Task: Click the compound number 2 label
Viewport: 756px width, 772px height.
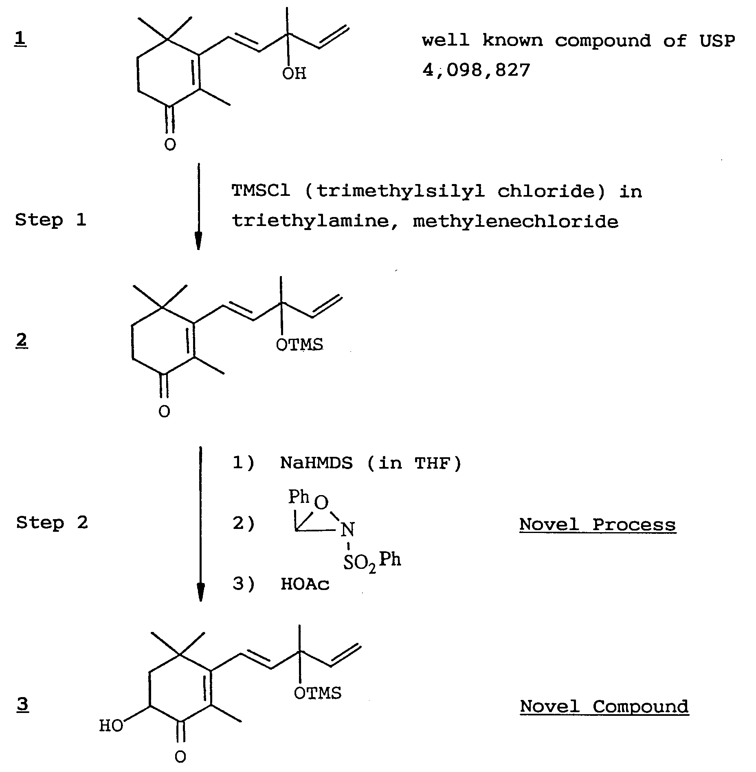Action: [x=22, y=340]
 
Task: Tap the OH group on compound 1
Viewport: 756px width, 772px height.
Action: [x=294, y=74]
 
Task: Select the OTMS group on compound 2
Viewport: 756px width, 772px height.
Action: [x=299, y=345]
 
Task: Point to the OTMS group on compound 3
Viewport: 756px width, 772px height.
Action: [x=318, y=693]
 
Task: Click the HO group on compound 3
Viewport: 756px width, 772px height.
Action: [x=111, y=726]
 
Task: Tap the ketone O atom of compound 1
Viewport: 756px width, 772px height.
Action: [x=170, y=144]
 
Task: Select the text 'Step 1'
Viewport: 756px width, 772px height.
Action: [x=51, y=220]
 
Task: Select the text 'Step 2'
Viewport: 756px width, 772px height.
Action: [x=52, y=522]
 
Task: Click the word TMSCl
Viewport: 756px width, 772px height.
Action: [x=261, y=191]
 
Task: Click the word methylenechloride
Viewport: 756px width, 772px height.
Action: [x=515, y=222]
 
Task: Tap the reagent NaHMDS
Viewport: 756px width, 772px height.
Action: [x=316, y=463]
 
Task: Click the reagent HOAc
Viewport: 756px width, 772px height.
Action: [x=305, y=584]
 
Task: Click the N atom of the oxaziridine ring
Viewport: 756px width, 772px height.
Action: [x=347, y=530]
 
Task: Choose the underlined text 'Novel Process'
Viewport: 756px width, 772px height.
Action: [x=598, y=524]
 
